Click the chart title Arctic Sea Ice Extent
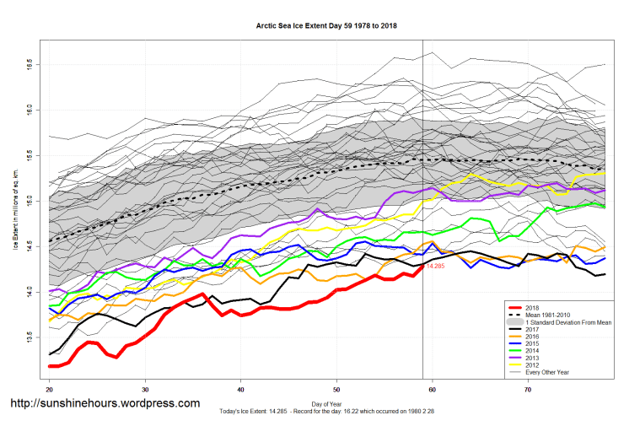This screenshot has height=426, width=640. (327, 26)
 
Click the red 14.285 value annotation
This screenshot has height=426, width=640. (435, 267)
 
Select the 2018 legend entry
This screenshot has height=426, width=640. (533, 308)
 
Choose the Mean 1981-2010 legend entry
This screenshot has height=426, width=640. (549, 315)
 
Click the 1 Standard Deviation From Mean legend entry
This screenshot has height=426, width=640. (565, 323)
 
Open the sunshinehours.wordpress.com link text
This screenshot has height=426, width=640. (105, 403)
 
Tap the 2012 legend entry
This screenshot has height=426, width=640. (533, 366)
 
